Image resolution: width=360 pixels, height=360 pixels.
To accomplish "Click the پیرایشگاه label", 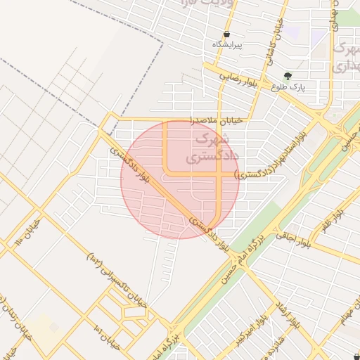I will pyautogui.click(x=227, y=45).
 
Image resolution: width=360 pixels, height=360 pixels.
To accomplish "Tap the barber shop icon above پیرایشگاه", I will pyautogui.click(x=226, y=34).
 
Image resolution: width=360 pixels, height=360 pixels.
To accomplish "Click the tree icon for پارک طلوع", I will pyautogui.click(x=287, y=75).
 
